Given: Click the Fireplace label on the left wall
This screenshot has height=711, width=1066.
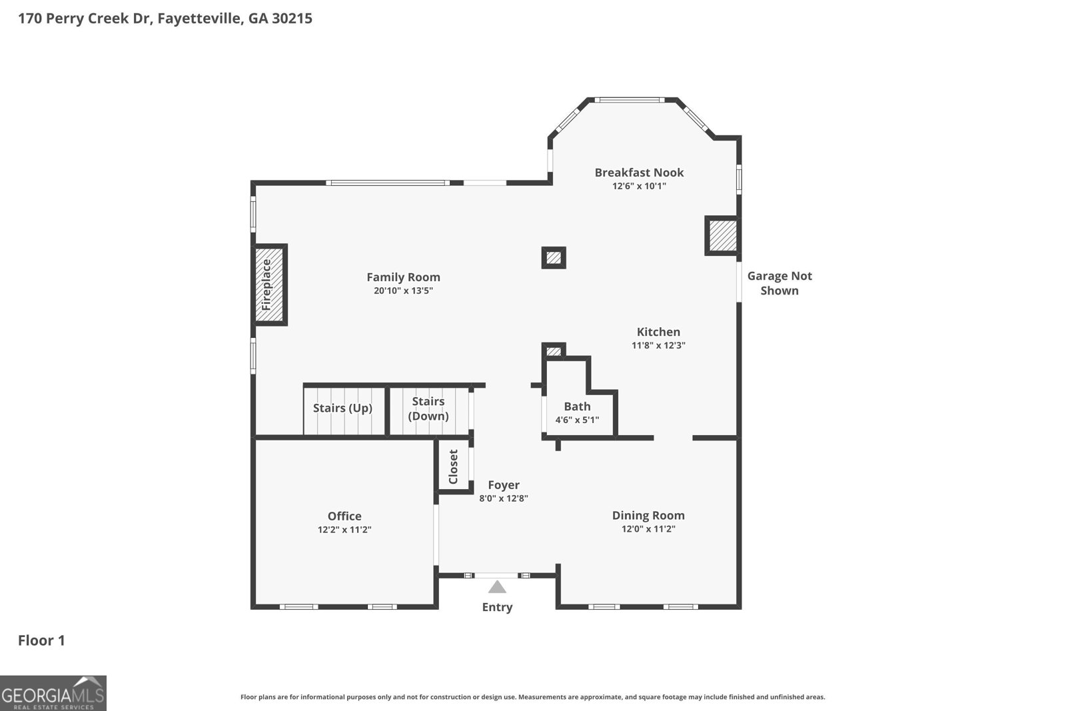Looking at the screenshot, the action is click(x=267, y=285).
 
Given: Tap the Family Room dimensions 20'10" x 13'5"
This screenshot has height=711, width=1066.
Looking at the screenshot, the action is click(x=403, y=291).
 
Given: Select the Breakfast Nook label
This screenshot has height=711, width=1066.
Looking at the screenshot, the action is click(x=639, y=173).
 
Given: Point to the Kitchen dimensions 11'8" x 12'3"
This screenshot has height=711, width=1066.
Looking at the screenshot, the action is click(x=658, y=346).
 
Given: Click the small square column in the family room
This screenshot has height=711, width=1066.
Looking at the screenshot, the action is click(x=554, y=258).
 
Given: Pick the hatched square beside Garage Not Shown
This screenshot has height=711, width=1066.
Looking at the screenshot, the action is click(x=722, y=236).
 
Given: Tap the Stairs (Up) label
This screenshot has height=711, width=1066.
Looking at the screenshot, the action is click(x=342, y=408).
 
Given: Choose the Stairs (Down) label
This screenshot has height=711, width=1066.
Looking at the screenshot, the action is click(x=428, y=408).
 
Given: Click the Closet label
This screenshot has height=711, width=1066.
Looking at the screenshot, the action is click(x=454, y=466).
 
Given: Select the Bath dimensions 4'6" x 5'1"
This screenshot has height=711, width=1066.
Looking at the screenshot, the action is click(x=577, y=420).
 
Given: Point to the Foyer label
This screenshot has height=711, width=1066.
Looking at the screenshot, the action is click(x=504, y=485).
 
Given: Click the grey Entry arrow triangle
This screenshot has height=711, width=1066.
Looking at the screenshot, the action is click(x=497, y=587).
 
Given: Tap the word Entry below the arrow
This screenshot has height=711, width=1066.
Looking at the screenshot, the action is click(x=497, y=607).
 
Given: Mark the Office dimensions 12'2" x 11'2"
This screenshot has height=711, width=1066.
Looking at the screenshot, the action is click(x=344, y=530).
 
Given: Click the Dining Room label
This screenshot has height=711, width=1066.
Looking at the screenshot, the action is click(x=648, y=515).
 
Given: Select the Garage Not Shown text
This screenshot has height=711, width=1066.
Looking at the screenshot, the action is click(x=780, y=283).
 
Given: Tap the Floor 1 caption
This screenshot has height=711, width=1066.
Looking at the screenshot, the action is click(x=41, y=640).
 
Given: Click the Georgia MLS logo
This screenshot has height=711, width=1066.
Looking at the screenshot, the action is click(x=53, y=693).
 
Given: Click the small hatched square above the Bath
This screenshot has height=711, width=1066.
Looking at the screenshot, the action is click(x=554, y=351).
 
